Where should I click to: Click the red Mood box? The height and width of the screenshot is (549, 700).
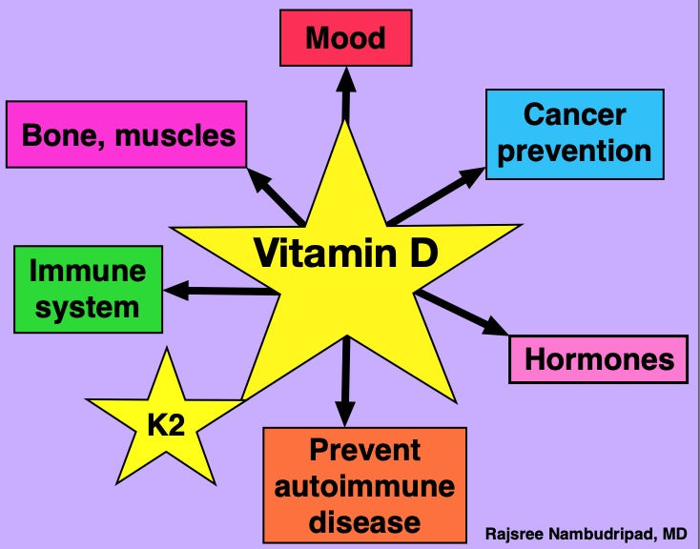pos(345,39)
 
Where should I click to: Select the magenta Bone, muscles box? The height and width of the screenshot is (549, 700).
pos(128,134)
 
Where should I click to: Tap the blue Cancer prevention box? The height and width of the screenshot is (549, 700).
pos(574,133)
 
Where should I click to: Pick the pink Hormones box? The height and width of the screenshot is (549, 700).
pos(598,358)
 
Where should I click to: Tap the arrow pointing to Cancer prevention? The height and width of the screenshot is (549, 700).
pos(438,195)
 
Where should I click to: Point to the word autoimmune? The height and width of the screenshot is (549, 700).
pos(364,486)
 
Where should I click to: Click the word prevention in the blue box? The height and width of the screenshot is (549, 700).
pos(574,151)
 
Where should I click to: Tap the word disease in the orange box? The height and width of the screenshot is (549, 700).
pos(364,520)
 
